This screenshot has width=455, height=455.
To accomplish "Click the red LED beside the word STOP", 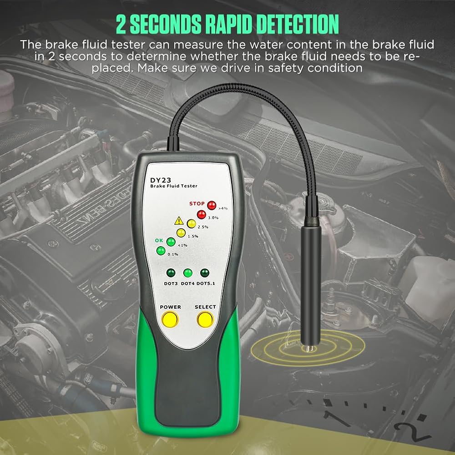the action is tap(212, 206).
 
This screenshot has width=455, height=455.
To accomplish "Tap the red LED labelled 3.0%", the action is tap(202, 215).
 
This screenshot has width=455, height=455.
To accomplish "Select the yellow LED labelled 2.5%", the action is tap(191, 223).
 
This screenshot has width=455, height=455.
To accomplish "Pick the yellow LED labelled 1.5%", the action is tap(181, 233).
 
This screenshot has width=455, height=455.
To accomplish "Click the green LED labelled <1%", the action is tap(171, 242).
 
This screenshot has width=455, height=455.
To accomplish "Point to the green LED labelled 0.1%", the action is tap(161, 251).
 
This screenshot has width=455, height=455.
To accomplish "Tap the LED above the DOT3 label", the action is tap(171, 273).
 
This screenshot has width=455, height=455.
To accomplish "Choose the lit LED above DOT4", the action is tap(188, 273).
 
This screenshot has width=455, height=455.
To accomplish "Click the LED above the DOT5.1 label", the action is tap(205, 273).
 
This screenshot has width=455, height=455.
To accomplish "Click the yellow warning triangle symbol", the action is tap(179, 221).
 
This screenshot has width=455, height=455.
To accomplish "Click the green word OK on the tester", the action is tap(159, 240).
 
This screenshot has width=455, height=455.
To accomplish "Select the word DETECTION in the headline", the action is tap(298, 24).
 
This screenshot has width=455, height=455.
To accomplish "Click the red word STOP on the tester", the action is tap(197, 204).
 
